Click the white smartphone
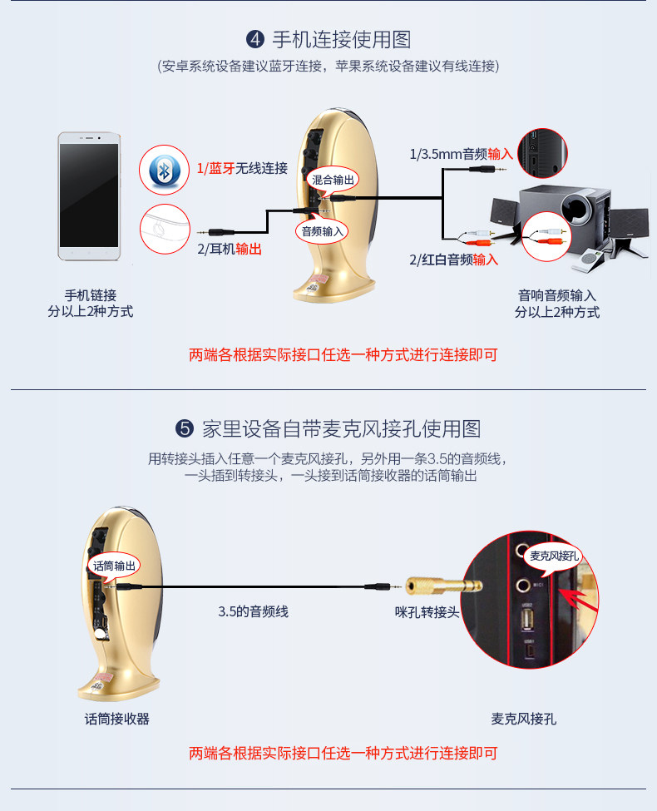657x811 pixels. point(89,196)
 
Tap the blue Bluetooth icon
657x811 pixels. point(165,171)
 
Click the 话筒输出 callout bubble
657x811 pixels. point(114,566)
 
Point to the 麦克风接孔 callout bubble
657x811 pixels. point(555,555)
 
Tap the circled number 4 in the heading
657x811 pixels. point(255,40)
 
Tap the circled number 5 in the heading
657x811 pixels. point(185,429)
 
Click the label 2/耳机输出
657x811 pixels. point(230,249)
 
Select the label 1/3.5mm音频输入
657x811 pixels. point(461,154)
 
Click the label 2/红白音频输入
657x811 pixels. point(453,260)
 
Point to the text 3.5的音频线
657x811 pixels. point(253,611)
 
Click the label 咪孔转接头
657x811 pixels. point(427,612)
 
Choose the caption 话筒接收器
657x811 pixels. point(116,719)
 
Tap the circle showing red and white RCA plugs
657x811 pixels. point(551,234)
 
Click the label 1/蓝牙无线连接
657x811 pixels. point(242,169)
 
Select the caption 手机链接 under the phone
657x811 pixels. point(90,294)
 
